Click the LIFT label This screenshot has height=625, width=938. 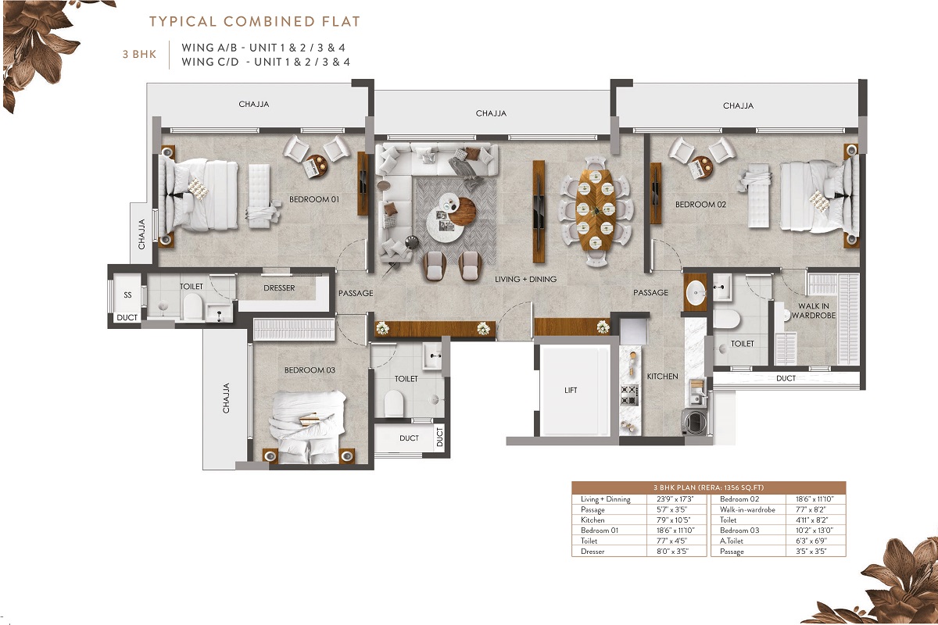(x=571, y=390)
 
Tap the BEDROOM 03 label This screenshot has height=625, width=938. (x=310, y=370)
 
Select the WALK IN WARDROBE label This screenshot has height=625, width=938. (x=813, y=311)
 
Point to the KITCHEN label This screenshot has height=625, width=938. (x=662, y=377)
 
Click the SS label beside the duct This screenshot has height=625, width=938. (x=127, y=295)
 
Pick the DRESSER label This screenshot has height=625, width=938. (x=279, y=288)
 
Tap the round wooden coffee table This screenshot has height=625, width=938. (x=462, y=212)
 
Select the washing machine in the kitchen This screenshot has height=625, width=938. (x=694, y=422)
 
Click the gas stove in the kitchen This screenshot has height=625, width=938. (x=629, y=395)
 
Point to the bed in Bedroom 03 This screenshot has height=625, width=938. (x=309, y=427)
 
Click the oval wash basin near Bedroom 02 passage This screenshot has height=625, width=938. (x=696, y=292)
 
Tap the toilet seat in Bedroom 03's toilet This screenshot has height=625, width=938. (x=394, y=402)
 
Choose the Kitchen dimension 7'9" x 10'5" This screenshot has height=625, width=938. (x=673, y=520)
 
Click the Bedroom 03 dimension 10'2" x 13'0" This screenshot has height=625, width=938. (x=814, y=530)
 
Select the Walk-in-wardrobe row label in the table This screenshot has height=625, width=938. (x=747, y=509)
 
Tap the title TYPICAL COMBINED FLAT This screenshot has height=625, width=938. (x=255, y=21)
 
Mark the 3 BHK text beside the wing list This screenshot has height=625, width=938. (x=139, y=54)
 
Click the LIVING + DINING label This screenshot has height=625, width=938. (x=525, y=279)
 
